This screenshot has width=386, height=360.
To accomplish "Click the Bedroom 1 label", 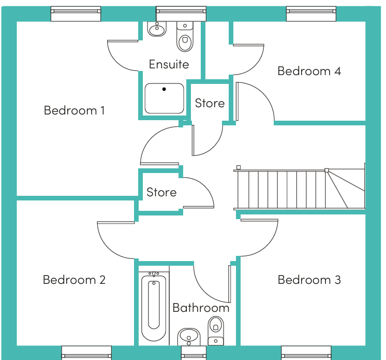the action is pos(75,110).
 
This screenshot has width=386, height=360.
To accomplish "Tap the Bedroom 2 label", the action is pos(74,280).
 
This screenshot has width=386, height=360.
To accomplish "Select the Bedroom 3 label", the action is pos(309,280).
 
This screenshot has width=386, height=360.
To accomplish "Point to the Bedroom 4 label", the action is pos(309,71).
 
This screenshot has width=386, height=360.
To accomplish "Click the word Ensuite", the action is pos(169,64).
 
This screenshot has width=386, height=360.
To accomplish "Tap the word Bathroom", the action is pos(201,308).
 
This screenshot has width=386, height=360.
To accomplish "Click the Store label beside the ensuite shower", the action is pos(210,103).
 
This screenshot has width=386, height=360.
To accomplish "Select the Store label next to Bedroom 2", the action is pos(161,192).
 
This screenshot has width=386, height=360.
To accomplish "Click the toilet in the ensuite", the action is pos(185,36).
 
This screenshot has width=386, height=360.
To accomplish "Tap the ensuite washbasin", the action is pos(157,29).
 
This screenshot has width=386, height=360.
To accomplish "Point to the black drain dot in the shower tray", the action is pos(164,89).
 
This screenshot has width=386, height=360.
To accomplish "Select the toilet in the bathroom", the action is pos(216,330).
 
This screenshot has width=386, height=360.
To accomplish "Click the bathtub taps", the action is pos(154,273).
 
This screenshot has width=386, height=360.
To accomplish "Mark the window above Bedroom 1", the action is pos(76,14).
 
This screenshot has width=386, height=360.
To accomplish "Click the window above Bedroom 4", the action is pos(311,14).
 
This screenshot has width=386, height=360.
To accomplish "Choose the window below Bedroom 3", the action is pos(306,353).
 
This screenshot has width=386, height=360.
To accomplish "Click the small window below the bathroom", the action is pos(194,353).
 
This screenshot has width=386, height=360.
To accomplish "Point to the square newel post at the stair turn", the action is pos(326,170).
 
